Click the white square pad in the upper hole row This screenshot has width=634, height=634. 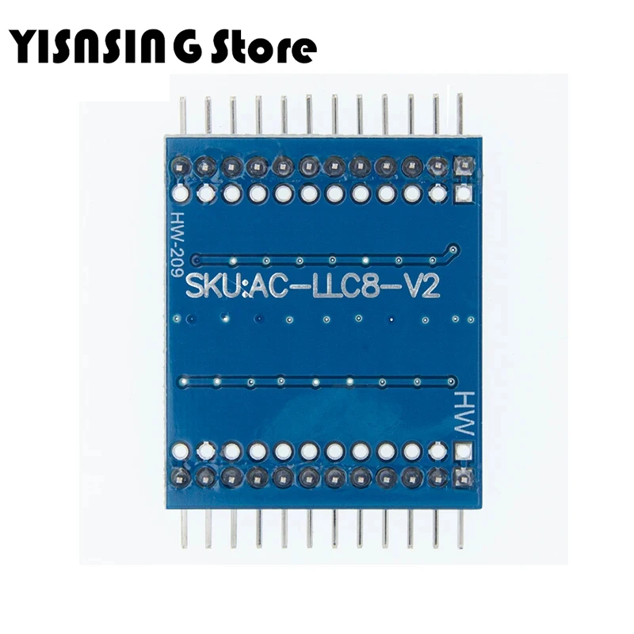tap(463, 193)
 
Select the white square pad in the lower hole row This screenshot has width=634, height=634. tap(463, 452)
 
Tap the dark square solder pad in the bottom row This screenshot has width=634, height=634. tap(463, 477)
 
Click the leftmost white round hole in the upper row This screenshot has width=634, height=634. tap(180, 193)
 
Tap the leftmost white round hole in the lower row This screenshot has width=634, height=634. tap(180, 452)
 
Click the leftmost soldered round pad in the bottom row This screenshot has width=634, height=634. tap(180, 477)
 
